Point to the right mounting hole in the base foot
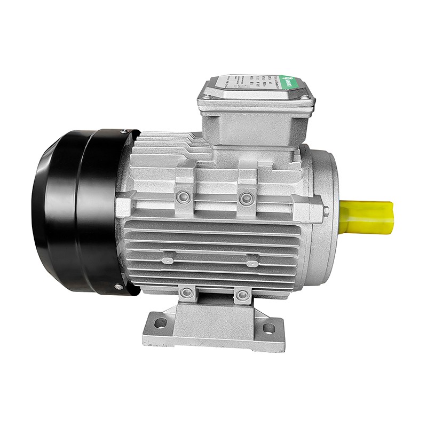pos(268,328)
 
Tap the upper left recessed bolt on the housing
pos(185,197)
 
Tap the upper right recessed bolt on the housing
pos(246,199)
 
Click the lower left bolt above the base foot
pos(186,292)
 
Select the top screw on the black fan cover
pos(124,132)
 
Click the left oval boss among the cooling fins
pos(168,260)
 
